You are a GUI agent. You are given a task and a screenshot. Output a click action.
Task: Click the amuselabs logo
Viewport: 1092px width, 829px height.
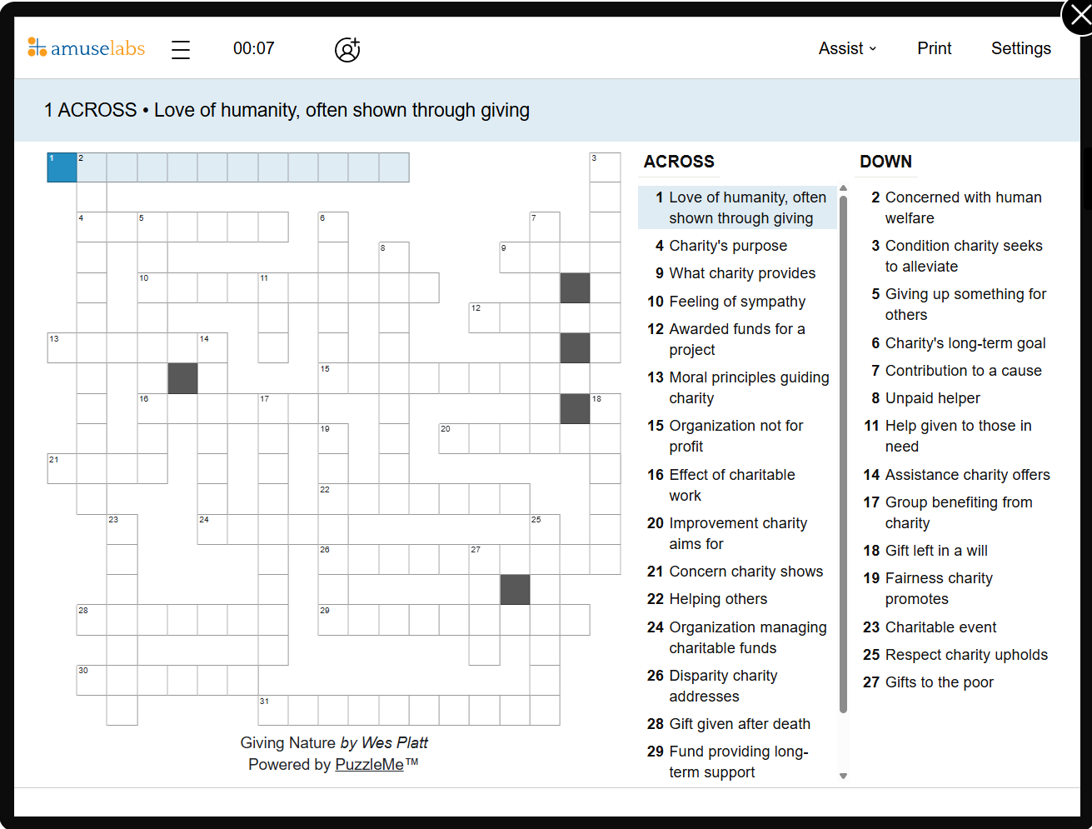tap(87, 48)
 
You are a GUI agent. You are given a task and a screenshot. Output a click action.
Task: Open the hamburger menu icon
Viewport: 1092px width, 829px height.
tap(181, 50)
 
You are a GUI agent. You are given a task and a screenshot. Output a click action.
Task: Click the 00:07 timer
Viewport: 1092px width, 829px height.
tap(253, 48)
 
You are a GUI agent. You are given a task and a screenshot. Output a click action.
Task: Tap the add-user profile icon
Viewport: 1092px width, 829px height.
tap(347, 50)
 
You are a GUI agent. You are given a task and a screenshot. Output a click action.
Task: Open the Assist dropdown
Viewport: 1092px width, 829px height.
tap(847, 48)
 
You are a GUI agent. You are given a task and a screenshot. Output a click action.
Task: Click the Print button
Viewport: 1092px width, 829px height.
tap(934, 48)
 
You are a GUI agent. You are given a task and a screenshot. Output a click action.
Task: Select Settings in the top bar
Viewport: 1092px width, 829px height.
tap(1020, 48)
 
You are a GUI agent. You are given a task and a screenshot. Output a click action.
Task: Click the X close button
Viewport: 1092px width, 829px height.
tap(1079, 17)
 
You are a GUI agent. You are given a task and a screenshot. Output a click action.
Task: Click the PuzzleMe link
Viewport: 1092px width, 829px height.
tap(369, 764)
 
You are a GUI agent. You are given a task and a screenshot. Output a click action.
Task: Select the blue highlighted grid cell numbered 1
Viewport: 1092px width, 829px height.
tap(62, 167)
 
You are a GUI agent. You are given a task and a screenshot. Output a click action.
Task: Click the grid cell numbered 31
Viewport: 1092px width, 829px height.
tap(273, 710)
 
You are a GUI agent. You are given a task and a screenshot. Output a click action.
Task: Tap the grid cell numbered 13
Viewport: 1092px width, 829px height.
tap(62, 347)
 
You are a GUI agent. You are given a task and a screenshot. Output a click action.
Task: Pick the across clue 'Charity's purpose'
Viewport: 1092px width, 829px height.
tap(727, 246)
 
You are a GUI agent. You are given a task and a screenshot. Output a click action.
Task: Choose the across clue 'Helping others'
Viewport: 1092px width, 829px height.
tap(718, 599)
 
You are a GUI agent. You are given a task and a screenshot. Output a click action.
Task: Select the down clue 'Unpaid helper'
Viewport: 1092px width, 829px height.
tap(932, 398)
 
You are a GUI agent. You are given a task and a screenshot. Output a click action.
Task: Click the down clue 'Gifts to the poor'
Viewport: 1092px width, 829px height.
tap(939, 682)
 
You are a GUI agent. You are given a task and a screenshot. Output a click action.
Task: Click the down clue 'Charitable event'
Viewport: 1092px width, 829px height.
tap(940, 627)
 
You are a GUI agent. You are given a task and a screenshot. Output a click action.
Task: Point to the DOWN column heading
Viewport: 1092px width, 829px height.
tap(885, 162)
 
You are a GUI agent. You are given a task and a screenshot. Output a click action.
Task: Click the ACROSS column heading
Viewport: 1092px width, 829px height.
tap(679, 162)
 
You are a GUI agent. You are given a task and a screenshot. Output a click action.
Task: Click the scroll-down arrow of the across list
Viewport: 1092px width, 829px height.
tap(843, 776)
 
